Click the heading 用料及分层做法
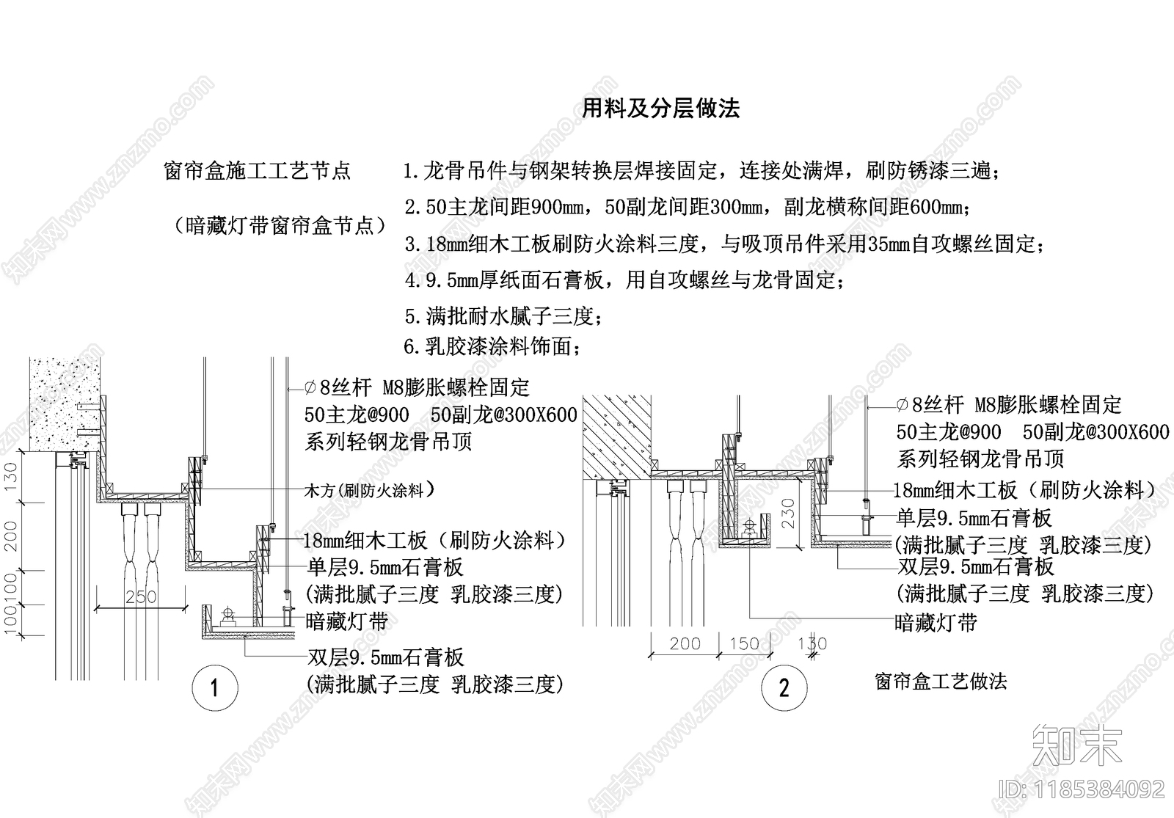[x=660, y=109]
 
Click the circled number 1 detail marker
[x=214, y=688]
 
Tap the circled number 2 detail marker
[x=784, y=688]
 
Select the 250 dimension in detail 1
[x=140, y=597]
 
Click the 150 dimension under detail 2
[x=744, y=643]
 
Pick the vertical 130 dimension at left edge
[x=11, y=477]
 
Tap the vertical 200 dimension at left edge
[x=11, y=536]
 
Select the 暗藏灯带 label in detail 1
[x=346, y=622]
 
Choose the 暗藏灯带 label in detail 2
[x=936, y=623]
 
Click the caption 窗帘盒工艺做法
[x=941, y=681]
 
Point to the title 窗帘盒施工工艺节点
[x=258, y=171]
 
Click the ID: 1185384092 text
[x=1082, y=789]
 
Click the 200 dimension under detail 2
[x=685, y=643]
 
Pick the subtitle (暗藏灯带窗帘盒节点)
[x=280, y=225]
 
